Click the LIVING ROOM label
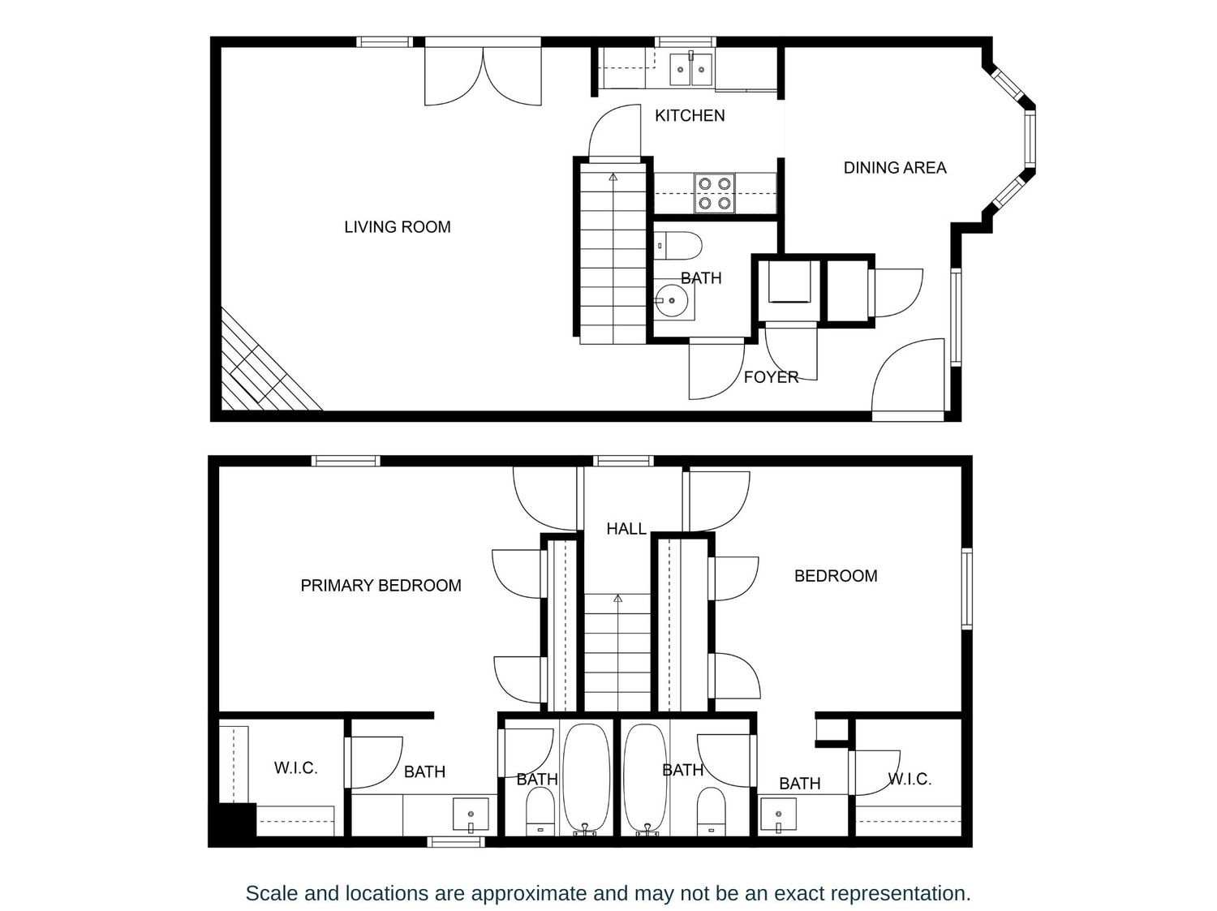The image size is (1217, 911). pyautogui.click(x=397, y=226)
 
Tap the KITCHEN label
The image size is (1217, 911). pyautogui.click(x=689, y=115)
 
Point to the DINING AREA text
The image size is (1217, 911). pyautogui.click(x=894, y=167)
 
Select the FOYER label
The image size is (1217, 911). pyautogui.click(x=771, y=377)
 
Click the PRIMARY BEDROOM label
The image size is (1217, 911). pyautogui.click(x=381, y=585)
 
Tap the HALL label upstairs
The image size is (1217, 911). pyautogui.click(x=626, y=529)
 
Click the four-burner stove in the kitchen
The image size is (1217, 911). pyautogui.click(x=715, y=193)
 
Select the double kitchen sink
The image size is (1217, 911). pyautogui.click(x=690, y=69)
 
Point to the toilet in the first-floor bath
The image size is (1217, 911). pyautogui.click(x=677, y=246)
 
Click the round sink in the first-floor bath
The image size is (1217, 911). pyautogui.click(x=672, y=301)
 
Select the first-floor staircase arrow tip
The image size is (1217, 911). pyautogui.click(x=613, y=176)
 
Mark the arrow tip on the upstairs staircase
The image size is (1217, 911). pyautogui.click(x=617, y=598)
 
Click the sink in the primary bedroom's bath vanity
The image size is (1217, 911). pyautogui.click(x=471, y=814)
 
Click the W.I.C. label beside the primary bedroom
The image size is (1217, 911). pyautogui.click(x=295, y=768)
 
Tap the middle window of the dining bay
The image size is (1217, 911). pyautogui.click(x=1030, y=139)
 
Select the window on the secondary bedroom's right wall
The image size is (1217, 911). pyautogui.click(x=967, y=588)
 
